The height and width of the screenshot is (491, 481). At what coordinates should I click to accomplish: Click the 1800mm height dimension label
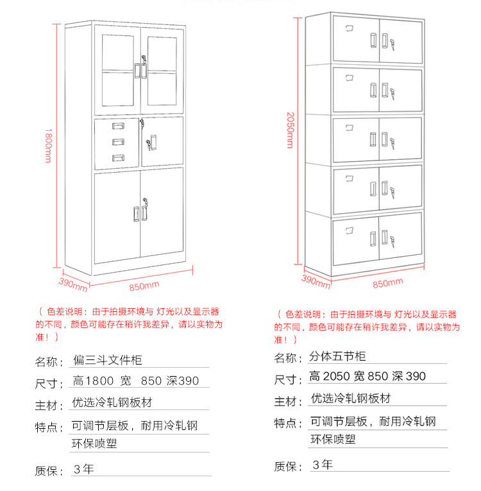coord(48,145)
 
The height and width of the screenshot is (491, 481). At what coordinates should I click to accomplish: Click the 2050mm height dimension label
coord(290,129)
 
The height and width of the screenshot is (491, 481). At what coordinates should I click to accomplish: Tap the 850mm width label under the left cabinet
coord(145,285)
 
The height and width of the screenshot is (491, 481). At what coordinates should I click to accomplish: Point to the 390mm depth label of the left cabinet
coord(72,282)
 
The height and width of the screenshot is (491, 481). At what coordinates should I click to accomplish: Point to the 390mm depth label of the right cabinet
coord(315,280)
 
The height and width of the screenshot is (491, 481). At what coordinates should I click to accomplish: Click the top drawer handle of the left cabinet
coord(118,126)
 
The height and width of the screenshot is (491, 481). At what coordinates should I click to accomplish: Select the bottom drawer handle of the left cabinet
coord(118,158)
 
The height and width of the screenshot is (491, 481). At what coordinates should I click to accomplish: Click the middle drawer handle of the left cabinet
coord(118,142)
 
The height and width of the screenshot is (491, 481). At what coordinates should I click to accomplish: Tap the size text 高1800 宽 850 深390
coord(136,381)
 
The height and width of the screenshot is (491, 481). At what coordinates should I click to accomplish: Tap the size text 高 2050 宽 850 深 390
coord(367,377)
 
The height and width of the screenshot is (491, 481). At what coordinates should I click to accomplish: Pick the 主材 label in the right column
coord(288,401)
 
